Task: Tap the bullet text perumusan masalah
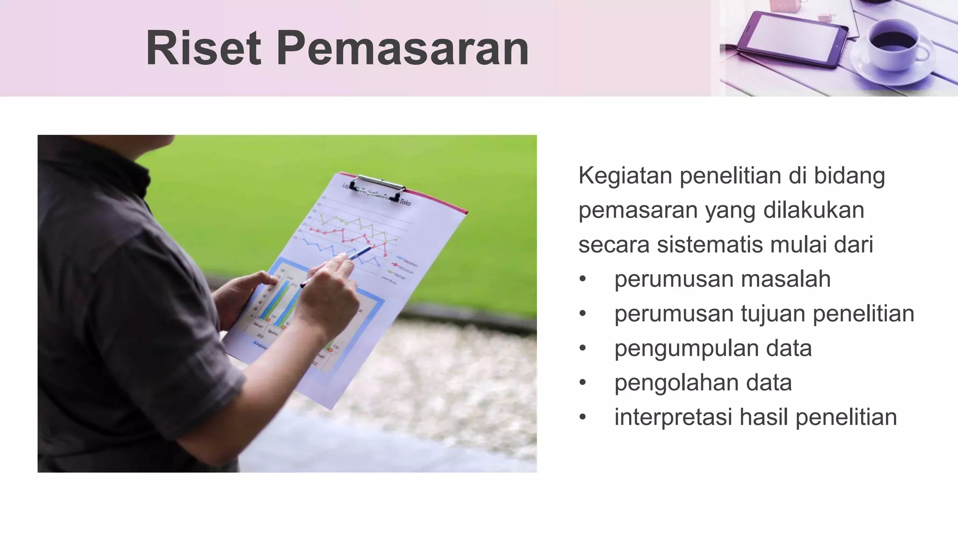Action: click(722, 279)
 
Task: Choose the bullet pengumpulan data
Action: click(713, 349)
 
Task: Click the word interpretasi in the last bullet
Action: click(673, 417)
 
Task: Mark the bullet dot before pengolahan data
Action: click(582, 383)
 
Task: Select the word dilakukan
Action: click(813, 211)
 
